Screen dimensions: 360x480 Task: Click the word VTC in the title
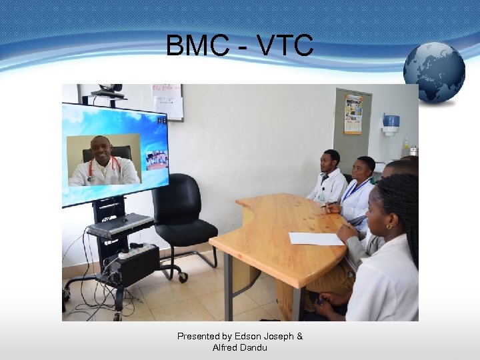pos(283,46)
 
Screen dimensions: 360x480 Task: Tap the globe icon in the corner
pos(434,71)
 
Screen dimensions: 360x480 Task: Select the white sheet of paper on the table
pos(315,239)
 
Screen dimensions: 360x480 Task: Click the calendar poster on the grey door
pos(353,114)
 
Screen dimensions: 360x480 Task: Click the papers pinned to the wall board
pos(167,101)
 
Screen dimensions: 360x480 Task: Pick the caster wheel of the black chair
pos(183,277)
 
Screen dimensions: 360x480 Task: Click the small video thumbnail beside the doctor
pos(156,160)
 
